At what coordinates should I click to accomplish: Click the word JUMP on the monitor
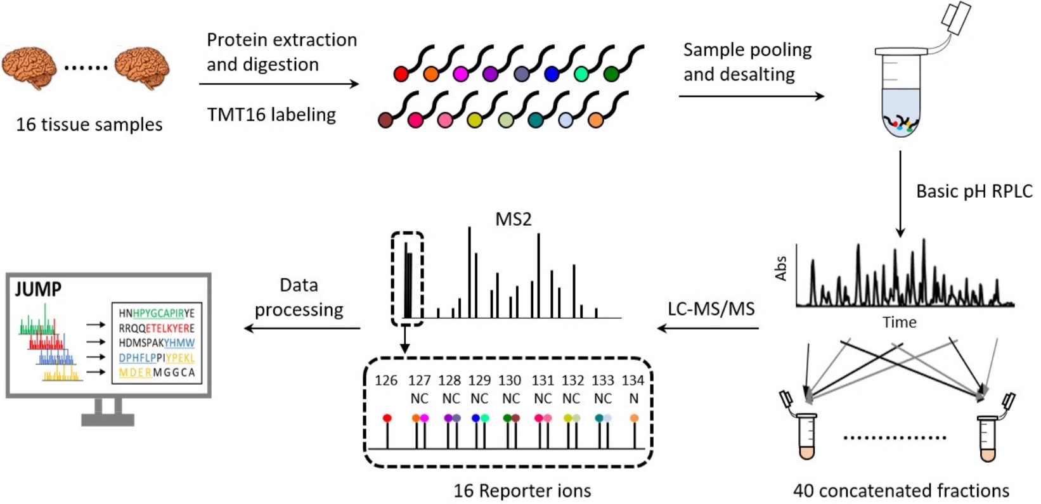38,290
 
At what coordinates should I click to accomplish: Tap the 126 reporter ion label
386,380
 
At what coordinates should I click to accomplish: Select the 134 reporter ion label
633,380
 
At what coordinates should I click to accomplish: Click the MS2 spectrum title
513,219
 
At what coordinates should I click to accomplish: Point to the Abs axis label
781,268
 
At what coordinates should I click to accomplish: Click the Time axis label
899,322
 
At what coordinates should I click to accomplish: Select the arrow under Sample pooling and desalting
751,96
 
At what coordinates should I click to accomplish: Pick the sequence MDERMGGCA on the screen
157,373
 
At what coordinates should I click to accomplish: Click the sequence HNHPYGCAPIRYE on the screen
157,313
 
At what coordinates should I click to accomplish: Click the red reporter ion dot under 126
387,418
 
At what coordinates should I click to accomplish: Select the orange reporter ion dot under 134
634,418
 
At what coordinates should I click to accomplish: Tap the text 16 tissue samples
89,124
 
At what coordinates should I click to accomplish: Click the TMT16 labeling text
271,115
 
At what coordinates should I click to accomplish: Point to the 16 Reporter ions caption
522,491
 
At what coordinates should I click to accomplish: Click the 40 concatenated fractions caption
901,491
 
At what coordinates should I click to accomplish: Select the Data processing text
299,297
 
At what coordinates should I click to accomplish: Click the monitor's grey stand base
108,420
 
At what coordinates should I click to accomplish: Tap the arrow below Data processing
302,328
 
